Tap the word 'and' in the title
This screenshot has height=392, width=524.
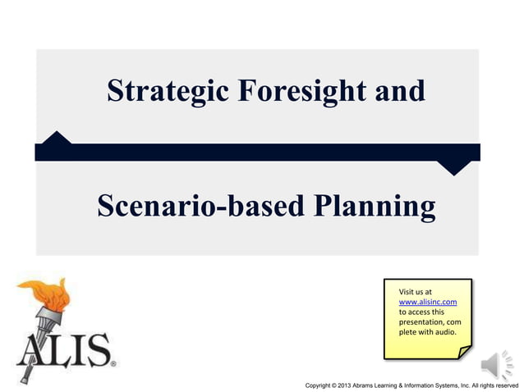click(x=400, y=90)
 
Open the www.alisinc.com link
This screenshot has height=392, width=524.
click(x=427, y=302)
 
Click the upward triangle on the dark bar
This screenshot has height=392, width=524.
click(x=55, y=137)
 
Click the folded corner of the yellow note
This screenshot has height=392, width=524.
click(x=464, y=352)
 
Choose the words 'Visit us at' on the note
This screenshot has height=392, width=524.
click(x=415, y=292)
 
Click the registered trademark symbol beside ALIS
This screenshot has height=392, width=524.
click(x=113, y=362)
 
